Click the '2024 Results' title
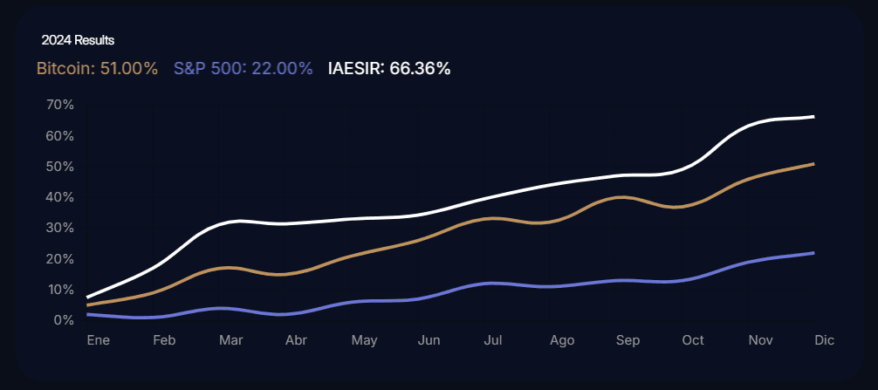click(78, 40)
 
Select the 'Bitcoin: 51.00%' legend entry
click(97, 68)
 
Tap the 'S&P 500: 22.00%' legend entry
click(243, 68)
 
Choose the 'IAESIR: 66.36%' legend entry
click(388, 68)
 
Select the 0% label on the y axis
click(64, 320)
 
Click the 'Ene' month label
click(98, 340)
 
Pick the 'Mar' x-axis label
click(230, 340)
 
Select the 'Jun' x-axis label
click(429, 340)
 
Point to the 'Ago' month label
click(562, 340)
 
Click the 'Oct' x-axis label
click(693, 340)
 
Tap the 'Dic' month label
click(824, 340)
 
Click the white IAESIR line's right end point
click(814, 116)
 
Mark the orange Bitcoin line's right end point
click(814, 163)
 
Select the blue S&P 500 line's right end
click(814, 253)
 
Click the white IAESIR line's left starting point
click(88, 297)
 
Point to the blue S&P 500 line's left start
click(88, 314)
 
